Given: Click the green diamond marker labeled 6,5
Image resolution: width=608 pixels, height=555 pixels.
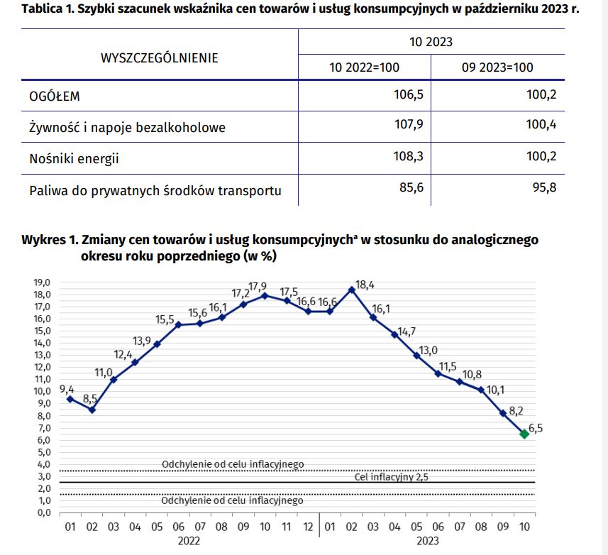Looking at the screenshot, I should point(524,434).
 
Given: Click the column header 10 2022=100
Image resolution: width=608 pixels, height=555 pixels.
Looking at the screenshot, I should point(364,67).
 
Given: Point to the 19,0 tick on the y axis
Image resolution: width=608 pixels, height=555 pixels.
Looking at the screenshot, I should point(43,282).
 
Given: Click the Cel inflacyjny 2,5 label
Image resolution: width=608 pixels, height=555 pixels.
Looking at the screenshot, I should point(392,477).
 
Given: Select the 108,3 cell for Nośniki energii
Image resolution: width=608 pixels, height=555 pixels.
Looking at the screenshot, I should point(407,157).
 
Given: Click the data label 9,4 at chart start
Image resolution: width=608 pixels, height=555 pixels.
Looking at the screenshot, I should point(67,388).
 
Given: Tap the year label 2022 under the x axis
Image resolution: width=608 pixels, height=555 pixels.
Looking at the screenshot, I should point(189,541).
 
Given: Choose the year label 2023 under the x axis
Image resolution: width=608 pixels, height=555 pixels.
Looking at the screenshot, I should point(427,541).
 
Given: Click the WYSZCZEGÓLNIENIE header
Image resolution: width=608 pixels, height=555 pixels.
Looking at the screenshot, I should point(159,58).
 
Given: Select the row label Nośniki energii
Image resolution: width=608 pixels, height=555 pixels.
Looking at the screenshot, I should point(74,159).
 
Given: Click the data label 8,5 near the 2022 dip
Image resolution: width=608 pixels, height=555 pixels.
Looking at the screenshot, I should point(91,398).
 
